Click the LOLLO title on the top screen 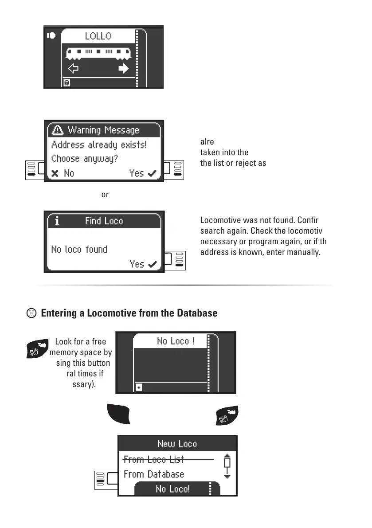click(x=98, y=36)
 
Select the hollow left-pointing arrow click(x=73, y=69)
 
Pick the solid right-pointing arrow click(x=123, y=69)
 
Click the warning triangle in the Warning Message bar click(x=58, y=130)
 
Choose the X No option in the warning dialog click(x=63, y=173)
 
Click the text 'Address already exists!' click(x=99, y=145)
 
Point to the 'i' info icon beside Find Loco click(x=57, y=221)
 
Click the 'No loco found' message click(x=79, y=249)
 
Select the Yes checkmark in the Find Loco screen click(x=143, y=264)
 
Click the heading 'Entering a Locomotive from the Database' click(x=129, y=313)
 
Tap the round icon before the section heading click(x=31, y=313)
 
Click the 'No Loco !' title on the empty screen click(x=176, y=341)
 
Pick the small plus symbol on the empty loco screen click(x=139, y=387)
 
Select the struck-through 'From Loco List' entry click(x=153, y=459)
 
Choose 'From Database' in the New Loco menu click(x=153, y=474)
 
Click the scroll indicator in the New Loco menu click(x=227, y=466)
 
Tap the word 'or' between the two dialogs click(x=105, y=195)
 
